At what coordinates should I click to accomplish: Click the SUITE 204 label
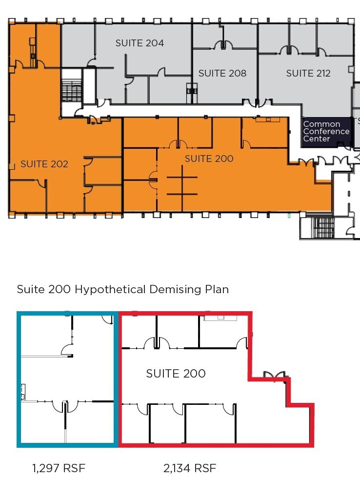[x=140, y=43]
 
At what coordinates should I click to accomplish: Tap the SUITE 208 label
[x=222, y=73]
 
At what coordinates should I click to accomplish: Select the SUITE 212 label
[x=308, y=73]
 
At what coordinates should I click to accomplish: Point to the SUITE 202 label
[x=44, y=164]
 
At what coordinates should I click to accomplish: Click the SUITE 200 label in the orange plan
[x=209, y=159]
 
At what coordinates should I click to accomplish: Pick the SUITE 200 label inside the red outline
[x=176, y=374]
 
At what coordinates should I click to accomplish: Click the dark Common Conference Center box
[x=326, y=132]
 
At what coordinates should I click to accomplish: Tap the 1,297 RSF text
[x=59, y=468]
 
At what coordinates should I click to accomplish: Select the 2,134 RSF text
[x=190, y=468]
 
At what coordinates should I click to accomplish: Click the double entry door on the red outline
[x=275, y=376]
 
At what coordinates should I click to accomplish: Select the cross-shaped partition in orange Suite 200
[x=182, y=185]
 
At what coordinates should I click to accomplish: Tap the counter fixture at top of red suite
[x=220, y=318]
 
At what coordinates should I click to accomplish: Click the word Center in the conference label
[x=317, y=139]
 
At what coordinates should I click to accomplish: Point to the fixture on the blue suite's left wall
[x=23, y=392]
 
